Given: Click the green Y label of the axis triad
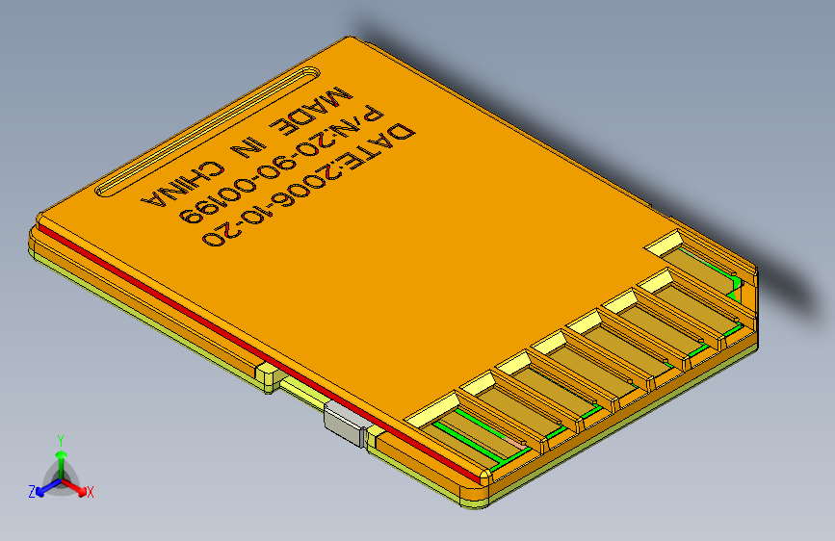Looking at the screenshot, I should coord(61,439).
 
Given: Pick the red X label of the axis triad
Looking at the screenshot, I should coord(91,493).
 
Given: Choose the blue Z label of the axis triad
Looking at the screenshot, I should coord(31,492).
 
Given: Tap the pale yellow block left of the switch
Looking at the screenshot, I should coord(265,374).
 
